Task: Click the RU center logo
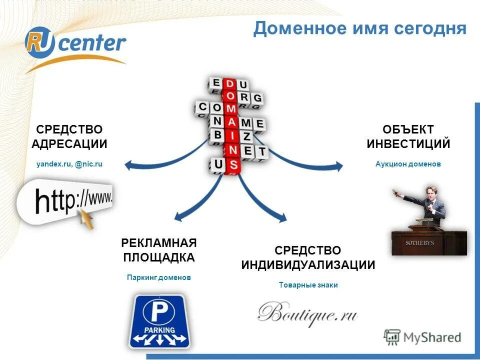tap(75, 44)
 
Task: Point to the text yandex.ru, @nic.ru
tap(69, 163)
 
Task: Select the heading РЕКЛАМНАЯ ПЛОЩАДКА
tap(158, 250)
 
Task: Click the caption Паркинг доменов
tap(158, 277)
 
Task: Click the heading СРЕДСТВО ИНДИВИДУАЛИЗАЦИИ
tap(308, 257)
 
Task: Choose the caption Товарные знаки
tap(308, 285)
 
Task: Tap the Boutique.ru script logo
tap(308, 314)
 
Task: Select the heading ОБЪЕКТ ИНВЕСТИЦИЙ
tap(408, 137)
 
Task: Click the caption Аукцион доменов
tap(408, 164)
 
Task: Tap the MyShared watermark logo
tap(422, 337)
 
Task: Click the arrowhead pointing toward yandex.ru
tap(128, 163)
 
